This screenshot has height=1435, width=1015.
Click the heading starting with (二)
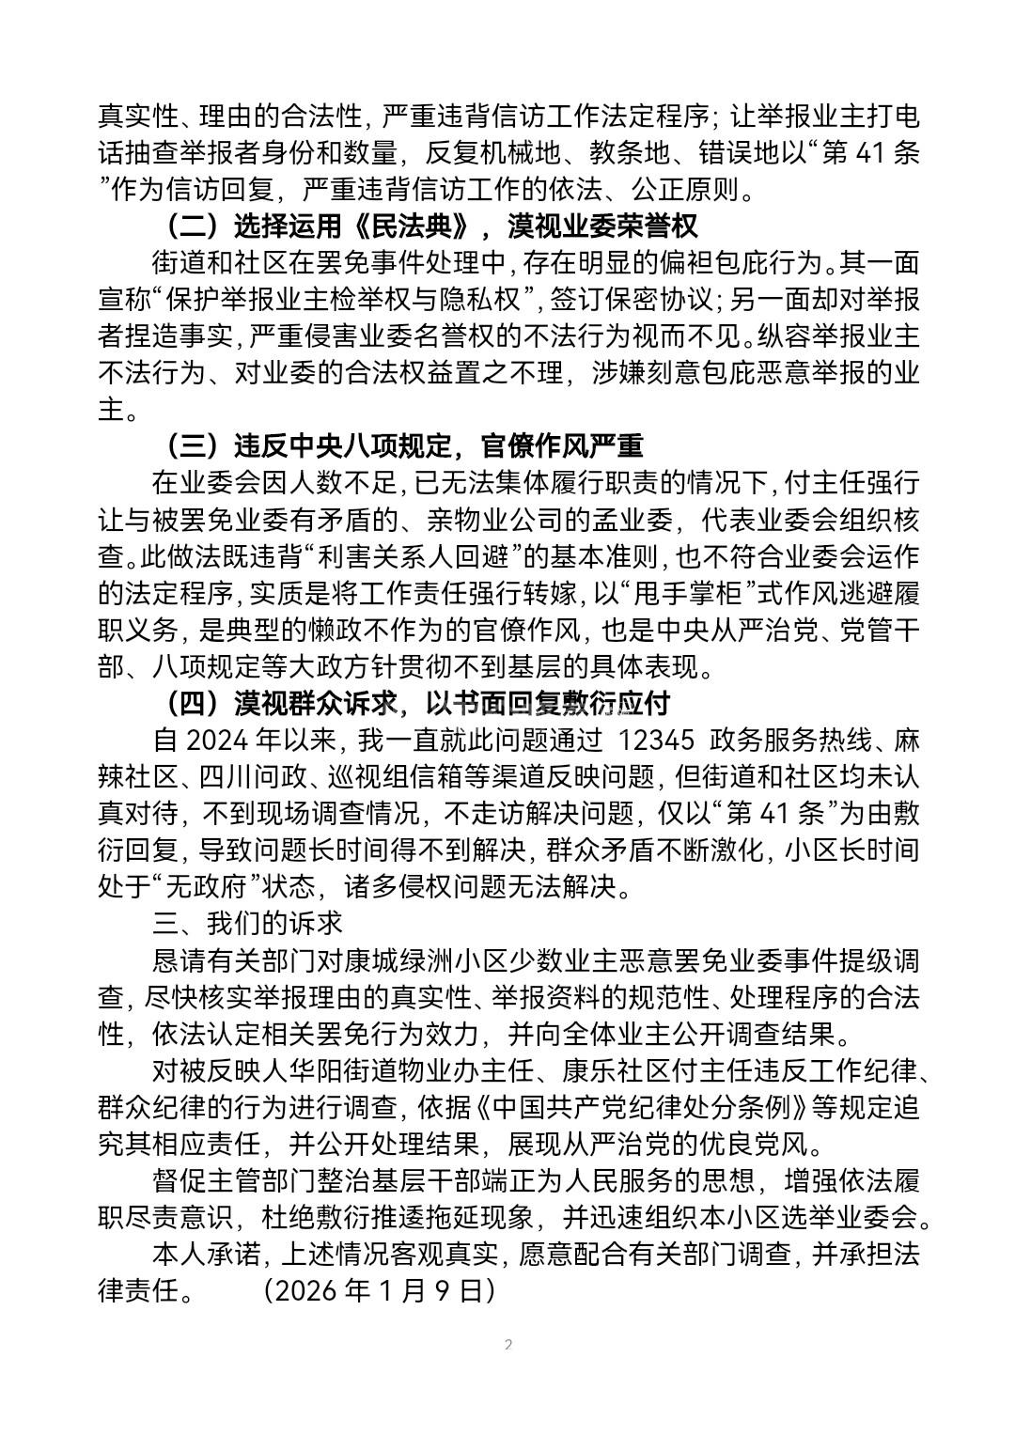tap(429, 227)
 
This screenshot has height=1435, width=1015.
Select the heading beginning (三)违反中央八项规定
tap(403, 445)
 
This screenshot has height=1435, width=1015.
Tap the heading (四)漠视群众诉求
tap(416, 703)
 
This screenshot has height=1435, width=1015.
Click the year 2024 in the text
tap(220, 740)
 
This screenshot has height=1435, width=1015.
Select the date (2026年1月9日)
tap(379, 1290)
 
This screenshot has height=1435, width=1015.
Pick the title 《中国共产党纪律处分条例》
tap(640, 1107)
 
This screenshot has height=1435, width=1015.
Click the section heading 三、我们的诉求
tap(247, 923)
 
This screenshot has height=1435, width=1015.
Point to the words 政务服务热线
tap(789, 740)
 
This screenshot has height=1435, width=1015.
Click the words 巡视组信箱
tap(447, 776)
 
